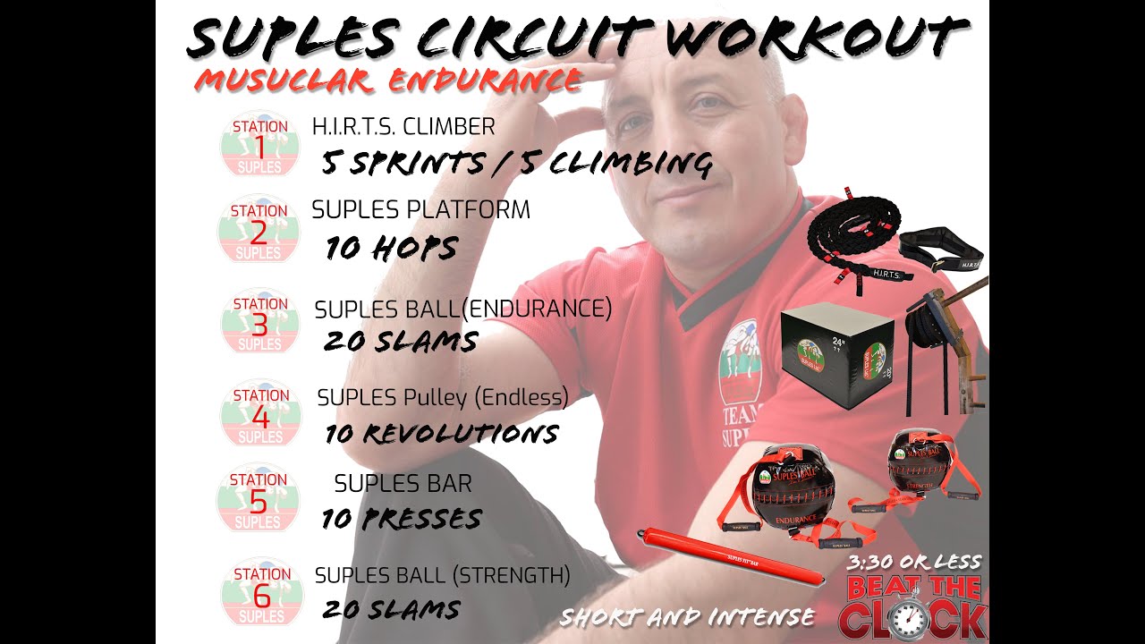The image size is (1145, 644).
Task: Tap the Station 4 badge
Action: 260,415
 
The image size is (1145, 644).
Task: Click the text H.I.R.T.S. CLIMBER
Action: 403,127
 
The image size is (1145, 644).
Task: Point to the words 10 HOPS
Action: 391,248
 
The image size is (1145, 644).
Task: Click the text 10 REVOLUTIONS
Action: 442,435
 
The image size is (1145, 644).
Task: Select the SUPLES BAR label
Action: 403,484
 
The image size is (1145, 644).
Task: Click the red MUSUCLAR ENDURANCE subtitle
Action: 388,80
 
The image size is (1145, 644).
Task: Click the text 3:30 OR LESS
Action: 913,563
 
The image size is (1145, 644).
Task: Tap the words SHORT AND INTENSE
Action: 687,617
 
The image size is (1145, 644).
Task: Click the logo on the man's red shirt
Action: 739,357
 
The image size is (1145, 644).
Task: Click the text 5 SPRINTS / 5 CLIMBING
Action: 517,164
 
